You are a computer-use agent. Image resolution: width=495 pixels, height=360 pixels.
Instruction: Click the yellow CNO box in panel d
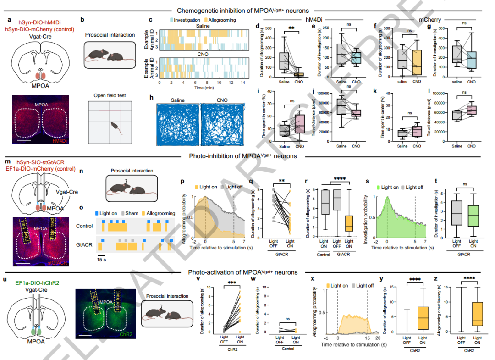coord(298,74)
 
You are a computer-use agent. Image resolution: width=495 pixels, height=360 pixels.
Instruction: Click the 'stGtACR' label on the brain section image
coord(57,263)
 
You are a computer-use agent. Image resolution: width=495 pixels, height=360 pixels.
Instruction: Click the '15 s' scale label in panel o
coord(102,258)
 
